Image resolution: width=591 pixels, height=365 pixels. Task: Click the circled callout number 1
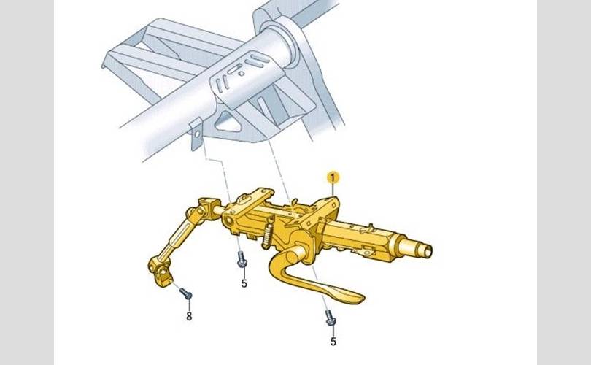[x=333, y=177]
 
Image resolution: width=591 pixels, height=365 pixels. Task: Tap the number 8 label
[x=189, y=316]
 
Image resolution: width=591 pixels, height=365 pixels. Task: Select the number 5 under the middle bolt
[x=244, y=283]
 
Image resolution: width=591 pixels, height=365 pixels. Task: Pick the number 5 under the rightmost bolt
[x=333, y=341]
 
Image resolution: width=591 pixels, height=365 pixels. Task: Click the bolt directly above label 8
[x=186, y=293]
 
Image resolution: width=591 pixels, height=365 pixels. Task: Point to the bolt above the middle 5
[x=242, y=260]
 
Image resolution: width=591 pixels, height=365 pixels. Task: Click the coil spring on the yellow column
[x=267, y=234]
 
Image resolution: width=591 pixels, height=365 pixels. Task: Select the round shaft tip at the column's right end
[x=422, y=250]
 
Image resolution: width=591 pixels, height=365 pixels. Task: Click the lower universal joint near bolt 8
[x=161, y=270]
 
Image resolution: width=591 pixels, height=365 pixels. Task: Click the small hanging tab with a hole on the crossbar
[x=196, y=134]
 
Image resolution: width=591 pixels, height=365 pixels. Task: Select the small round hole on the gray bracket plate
[x=242, y=74]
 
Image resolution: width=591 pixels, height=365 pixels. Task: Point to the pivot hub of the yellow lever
[x=298, y=253]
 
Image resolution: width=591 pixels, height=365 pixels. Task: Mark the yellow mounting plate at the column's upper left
[x=252, y=201]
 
